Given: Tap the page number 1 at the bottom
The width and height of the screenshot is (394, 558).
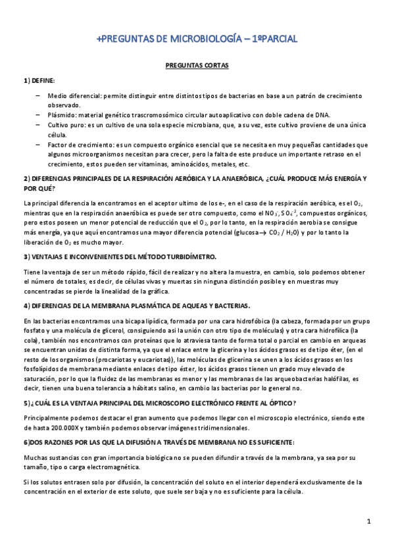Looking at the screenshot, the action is click(370, 521).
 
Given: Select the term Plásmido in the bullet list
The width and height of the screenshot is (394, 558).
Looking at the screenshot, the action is click(61, 114).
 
